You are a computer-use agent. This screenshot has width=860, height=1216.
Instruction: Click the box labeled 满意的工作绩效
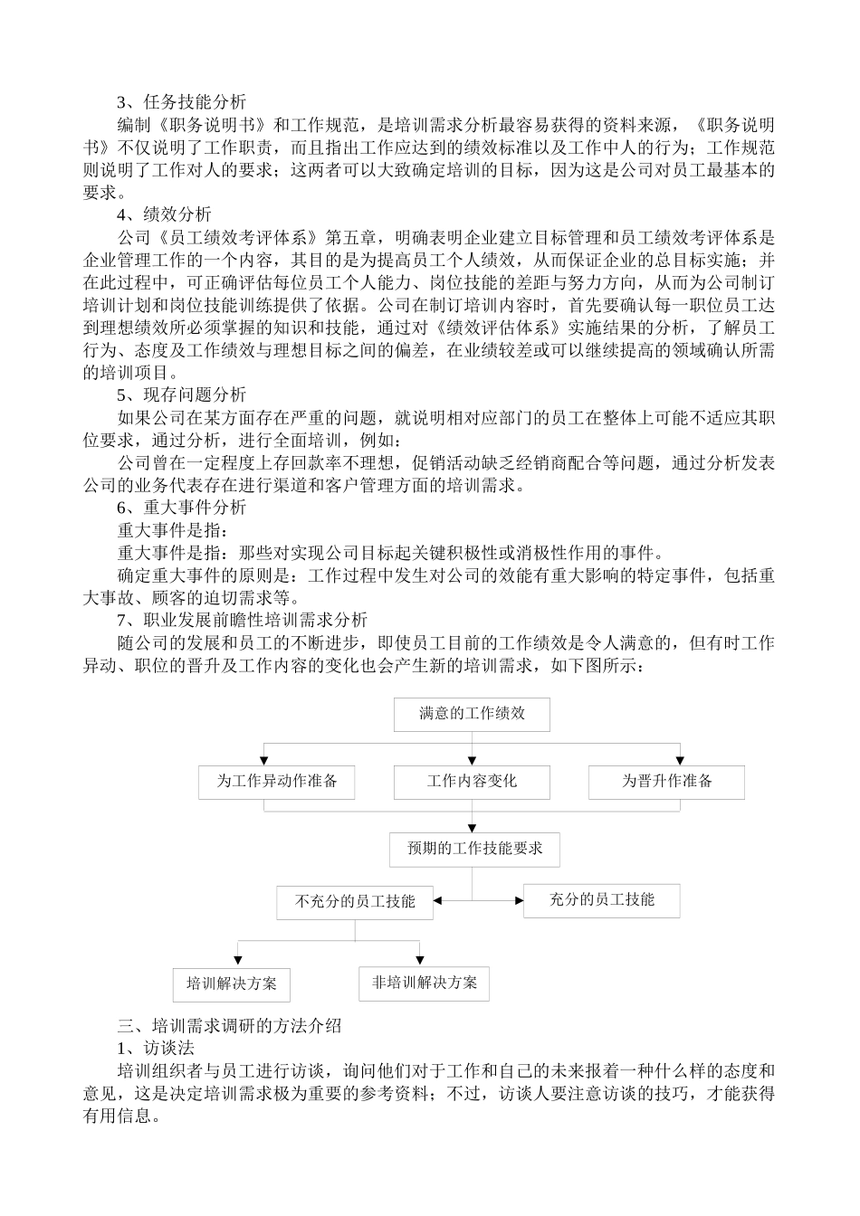(472, 714)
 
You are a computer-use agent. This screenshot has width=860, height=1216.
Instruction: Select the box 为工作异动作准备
(276, 782)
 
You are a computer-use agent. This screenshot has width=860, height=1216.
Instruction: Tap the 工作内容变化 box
(472, 782)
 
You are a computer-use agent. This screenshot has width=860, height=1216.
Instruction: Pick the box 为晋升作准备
(666, 782)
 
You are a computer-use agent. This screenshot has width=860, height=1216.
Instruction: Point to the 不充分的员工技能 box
(355, 901)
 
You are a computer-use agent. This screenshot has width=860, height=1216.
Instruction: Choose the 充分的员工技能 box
(601, 900)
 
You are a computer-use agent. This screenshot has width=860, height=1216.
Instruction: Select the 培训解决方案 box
(232, 984)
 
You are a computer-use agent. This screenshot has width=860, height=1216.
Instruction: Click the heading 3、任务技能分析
(181, 102)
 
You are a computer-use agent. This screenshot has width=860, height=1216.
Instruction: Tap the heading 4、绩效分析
(164, 214)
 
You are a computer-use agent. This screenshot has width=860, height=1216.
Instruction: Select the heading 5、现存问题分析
(181, 395)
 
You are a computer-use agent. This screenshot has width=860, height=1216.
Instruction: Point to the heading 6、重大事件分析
(181, 508)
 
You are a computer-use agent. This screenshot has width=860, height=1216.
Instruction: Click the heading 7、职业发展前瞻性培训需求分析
(242, 620)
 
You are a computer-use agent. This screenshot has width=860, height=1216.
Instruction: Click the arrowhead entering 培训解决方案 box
(237, 963)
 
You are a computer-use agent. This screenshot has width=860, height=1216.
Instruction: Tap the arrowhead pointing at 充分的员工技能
(519, 901)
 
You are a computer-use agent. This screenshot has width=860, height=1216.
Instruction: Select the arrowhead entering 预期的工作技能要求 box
(473, 829)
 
